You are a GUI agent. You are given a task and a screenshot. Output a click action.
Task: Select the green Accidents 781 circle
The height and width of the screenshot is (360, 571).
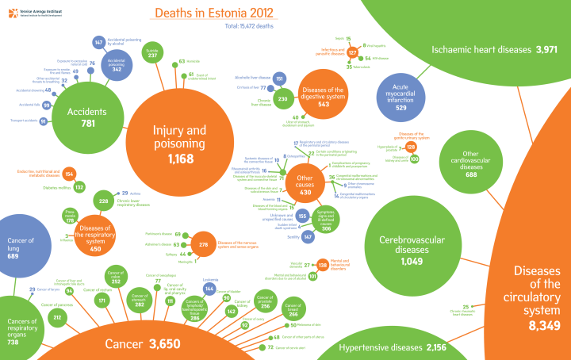pyautogui.click(x=87, y=117)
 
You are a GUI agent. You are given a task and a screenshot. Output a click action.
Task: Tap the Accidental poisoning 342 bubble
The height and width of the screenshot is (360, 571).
pyautogui.click(x=117, y=66)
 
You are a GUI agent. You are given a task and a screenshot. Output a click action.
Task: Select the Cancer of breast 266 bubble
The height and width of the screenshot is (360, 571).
pyautogui.click(x=293, y=310)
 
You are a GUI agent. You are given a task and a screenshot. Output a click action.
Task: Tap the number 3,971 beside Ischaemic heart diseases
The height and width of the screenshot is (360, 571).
pyautogui.click(x=548, y=49)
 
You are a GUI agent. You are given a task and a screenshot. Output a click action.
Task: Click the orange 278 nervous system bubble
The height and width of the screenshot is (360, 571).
pyautogui.click(x=203, y=245)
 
